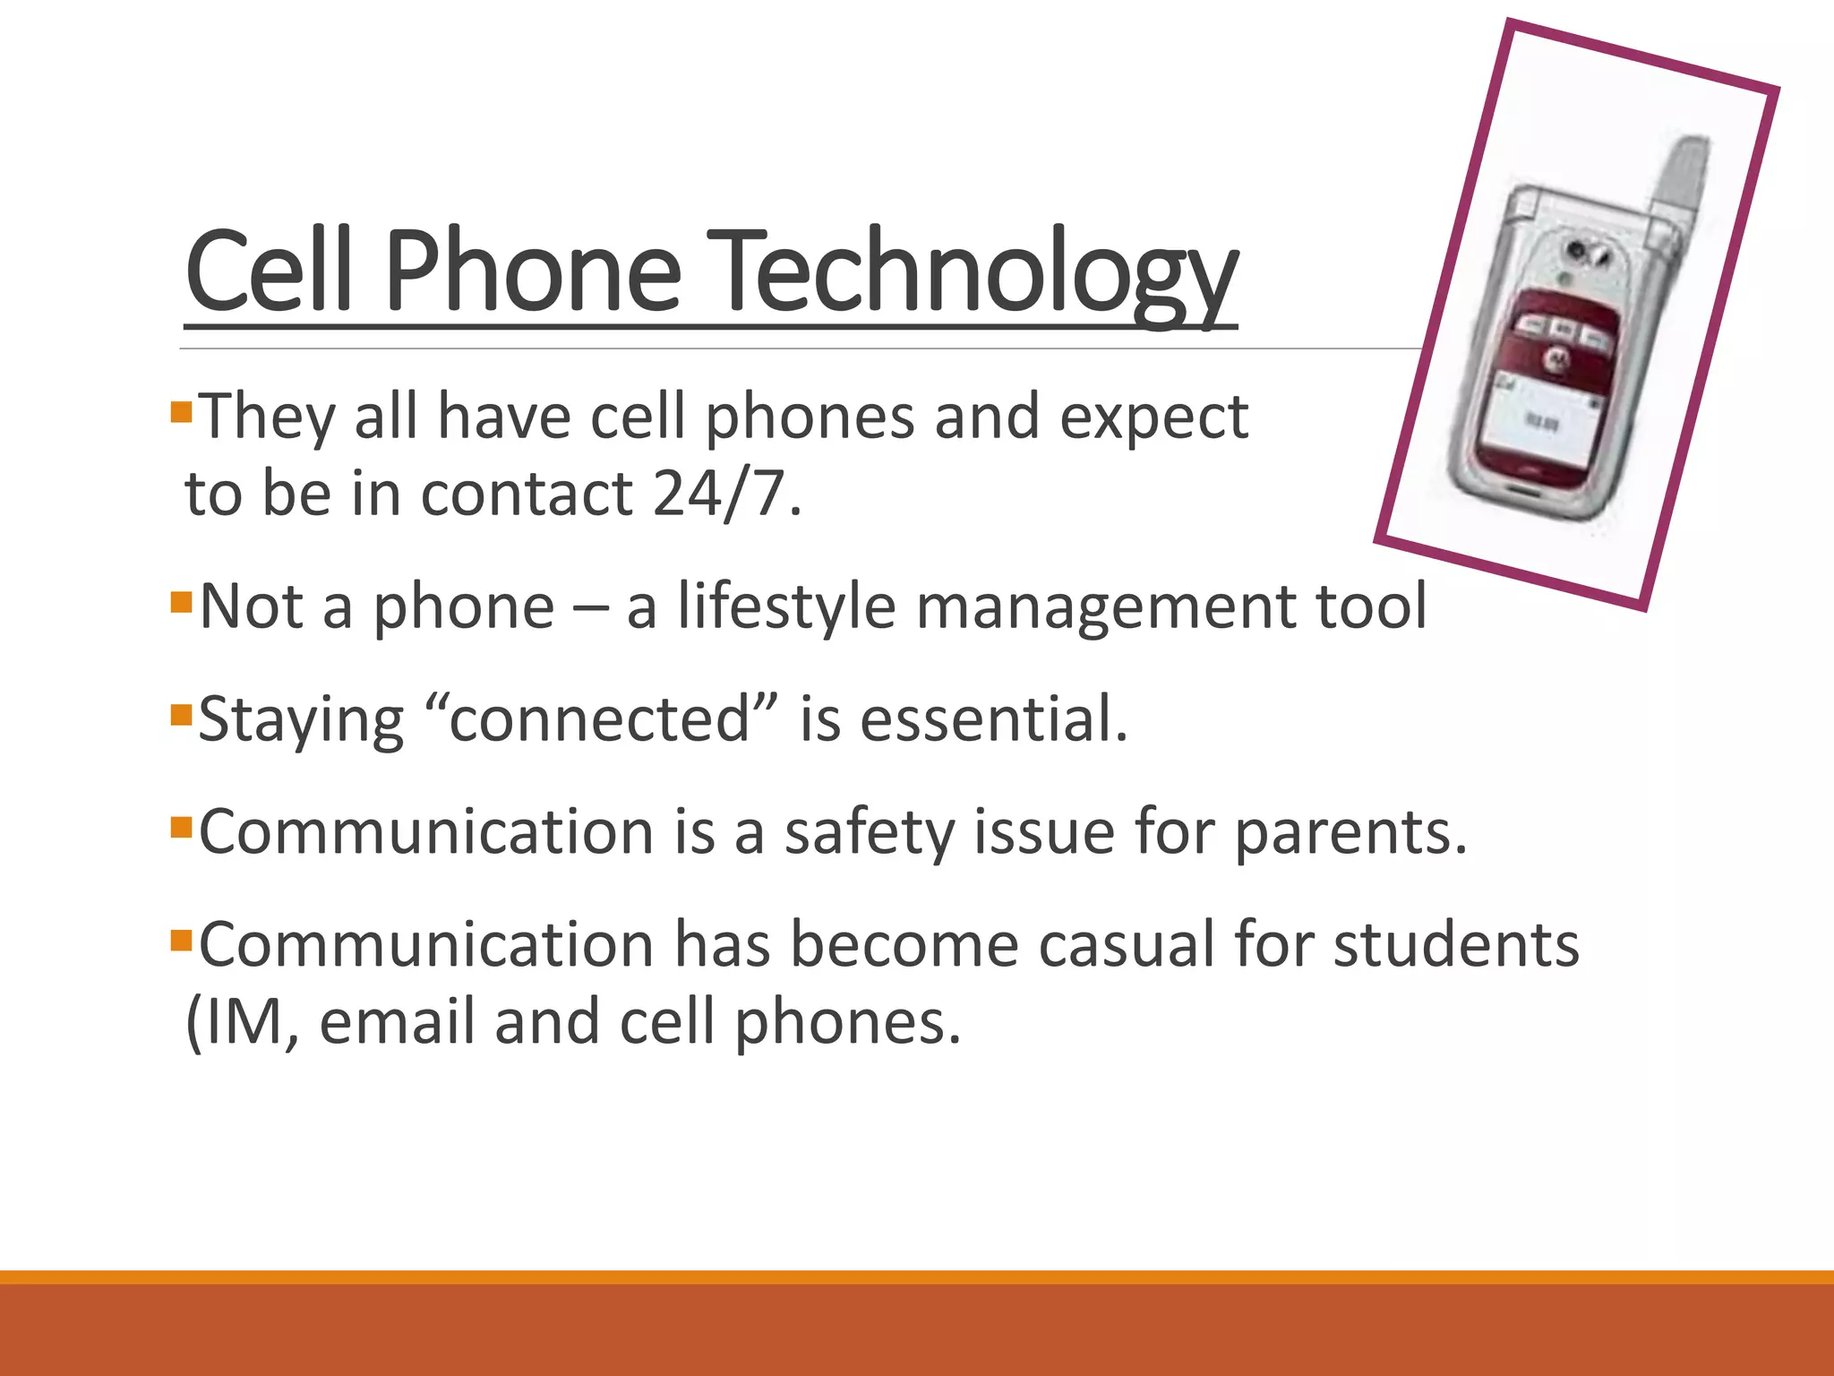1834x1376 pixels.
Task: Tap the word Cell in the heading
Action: coord(269,271)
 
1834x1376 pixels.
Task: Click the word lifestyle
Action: coord(786,606)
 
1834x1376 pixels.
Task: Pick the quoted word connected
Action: coord(599,719)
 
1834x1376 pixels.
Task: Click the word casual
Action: coord(1127,945)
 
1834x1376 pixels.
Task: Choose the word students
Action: coord(1456,945)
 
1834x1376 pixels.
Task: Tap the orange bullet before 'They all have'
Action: coord(181,413)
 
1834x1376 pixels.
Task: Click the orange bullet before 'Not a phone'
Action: coord(181,601)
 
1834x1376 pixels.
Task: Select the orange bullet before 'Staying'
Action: coord(181,715)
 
